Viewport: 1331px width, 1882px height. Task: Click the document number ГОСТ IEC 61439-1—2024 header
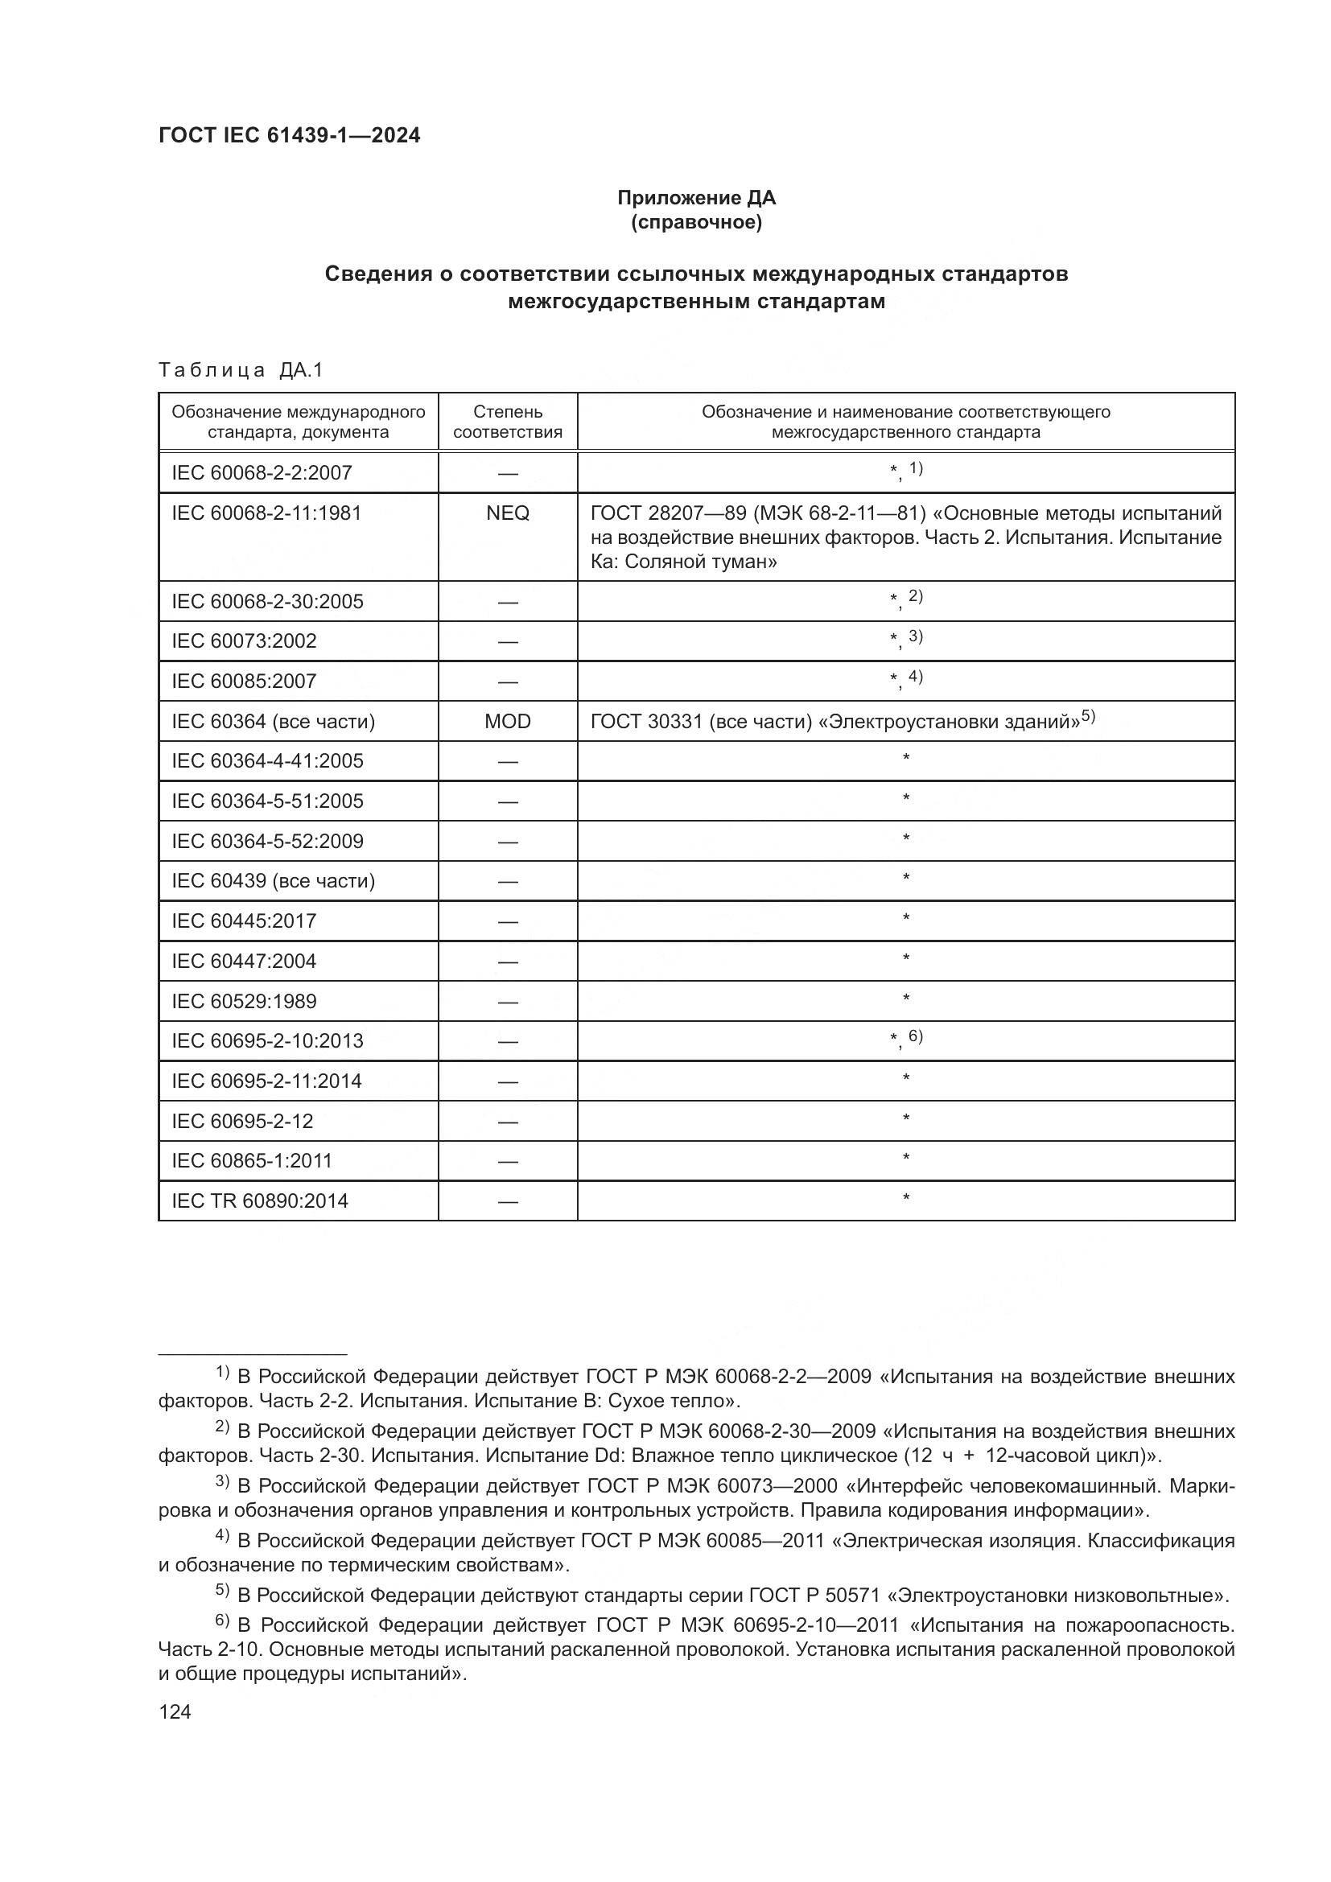pos(290,136)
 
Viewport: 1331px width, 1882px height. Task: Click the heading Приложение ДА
pos(696,198)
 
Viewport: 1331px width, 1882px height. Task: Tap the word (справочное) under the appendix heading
pos(696,222)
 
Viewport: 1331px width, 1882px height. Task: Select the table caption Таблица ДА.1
pos(241,370)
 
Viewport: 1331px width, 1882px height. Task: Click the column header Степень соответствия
pos(507,422)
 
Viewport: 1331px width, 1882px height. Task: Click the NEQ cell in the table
pos(507,513)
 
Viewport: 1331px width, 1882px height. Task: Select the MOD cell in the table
pos(507,721)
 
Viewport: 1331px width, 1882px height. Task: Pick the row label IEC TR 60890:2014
pos(260,1200)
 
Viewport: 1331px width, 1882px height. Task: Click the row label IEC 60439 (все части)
pos(273,881)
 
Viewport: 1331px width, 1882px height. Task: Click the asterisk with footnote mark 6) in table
pos(905,1040)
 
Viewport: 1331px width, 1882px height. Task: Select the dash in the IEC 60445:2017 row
pos(507,922)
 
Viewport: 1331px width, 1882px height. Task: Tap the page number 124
pos(175,1711)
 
